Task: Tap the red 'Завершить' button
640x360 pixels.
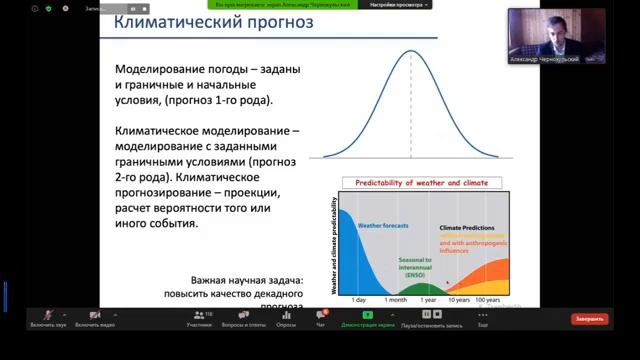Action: (x=589, y=319)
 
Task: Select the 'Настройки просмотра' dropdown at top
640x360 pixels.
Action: (x=397, y=5)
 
